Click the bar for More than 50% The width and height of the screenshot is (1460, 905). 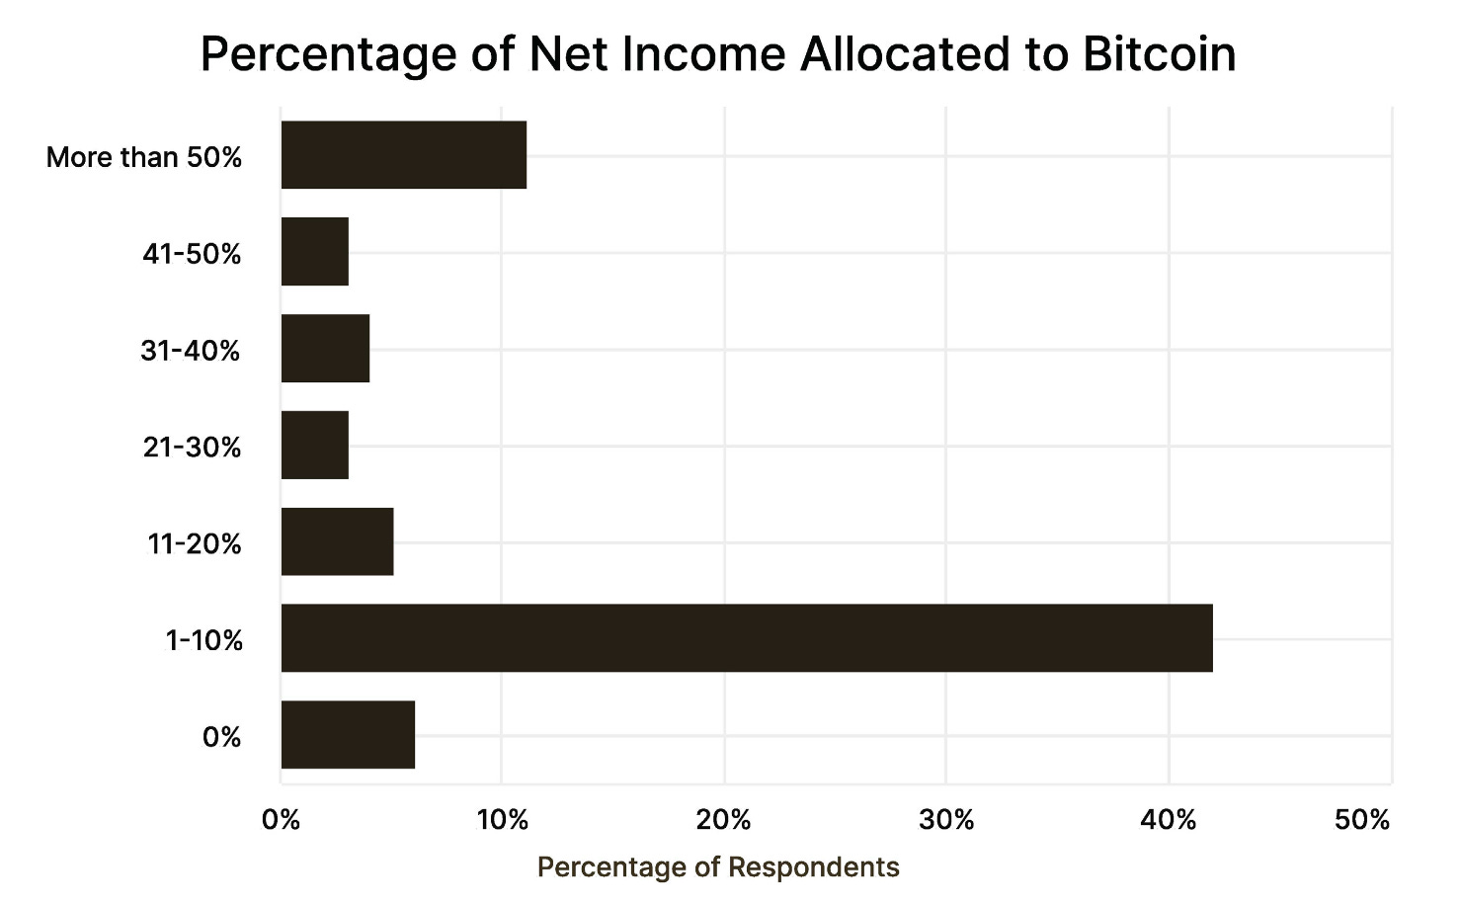point(403,155)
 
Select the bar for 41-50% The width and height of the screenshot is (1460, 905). point(315,252)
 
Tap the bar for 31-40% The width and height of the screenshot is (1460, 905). point(325,349)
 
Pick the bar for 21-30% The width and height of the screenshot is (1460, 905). point(315,446)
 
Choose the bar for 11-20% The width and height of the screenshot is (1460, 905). point(337,541)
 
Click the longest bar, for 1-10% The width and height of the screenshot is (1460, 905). point(746,638)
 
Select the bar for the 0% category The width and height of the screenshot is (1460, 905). point(348,735)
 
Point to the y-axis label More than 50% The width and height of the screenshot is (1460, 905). point(144,157)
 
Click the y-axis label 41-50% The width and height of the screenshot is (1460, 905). point(192,254)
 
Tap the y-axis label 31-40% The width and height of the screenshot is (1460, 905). point(191,351)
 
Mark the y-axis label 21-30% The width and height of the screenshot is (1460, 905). point(192,448)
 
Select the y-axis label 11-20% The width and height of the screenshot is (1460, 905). point(195,543)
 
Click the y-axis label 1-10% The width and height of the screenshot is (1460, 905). point(204,640)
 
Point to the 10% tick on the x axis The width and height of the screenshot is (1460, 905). point(502,820)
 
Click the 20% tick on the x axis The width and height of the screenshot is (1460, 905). point(724,820)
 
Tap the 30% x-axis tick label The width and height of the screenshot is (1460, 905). point(946,820)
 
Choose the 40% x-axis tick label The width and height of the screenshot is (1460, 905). point(1169,820)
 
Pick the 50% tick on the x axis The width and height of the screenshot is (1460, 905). point(1362,820)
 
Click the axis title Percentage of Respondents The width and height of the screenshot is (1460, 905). point(718,867)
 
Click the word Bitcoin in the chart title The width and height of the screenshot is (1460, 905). point(1159,53)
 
